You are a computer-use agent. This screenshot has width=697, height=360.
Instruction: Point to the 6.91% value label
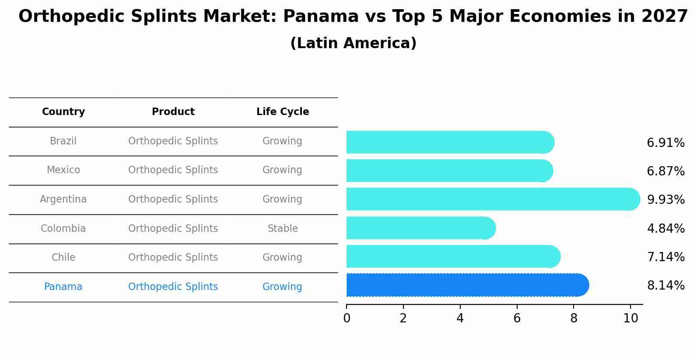coord(665,143)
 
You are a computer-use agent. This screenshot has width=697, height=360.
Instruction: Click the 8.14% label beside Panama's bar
coord(665,286)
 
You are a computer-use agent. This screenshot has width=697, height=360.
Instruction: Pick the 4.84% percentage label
coord(665,228)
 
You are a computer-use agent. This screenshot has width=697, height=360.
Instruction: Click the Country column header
coord(63,112)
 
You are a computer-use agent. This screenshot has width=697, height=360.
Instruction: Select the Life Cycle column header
coord(283,112)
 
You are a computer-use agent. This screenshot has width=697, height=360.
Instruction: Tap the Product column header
coord(173,112)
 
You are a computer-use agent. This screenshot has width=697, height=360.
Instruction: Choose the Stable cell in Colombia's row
coord(283,228)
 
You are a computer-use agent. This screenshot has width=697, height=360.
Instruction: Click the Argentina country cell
coord(63,199)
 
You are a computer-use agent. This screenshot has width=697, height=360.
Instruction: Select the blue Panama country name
coord(63,287)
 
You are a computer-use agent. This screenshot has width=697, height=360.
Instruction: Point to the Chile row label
coord(63,258)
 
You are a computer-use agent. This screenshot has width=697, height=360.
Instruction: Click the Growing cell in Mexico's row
coord(282,170)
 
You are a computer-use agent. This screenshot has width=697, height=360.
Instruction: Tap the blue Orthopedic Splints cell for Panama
coord(173,287)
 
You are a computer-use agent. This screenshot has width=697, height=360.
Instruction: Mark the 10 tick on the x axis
coord(630,318)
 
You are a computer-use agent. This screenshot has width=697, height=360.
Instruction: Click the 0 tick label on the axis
coord(347,318)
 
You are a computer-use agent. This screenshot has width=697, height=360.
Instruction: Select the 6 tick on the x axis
coord(517,318)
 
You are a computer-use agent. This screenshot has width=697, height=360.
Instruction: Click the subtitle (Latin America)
coord(353,43)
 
